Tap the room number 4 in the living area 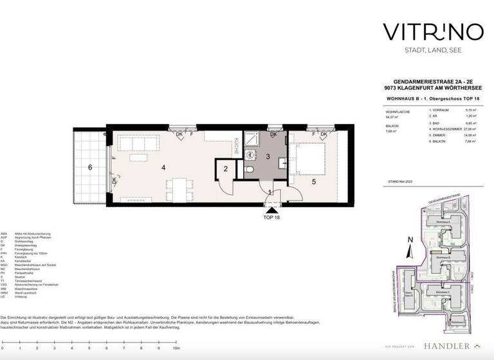(165, 168)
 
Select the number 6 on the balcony (90, 167)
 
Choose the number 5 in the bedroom (314, 181)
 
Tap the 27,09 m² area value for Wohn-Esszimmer (473, 129)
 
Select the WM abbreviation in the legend (4, 287)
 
